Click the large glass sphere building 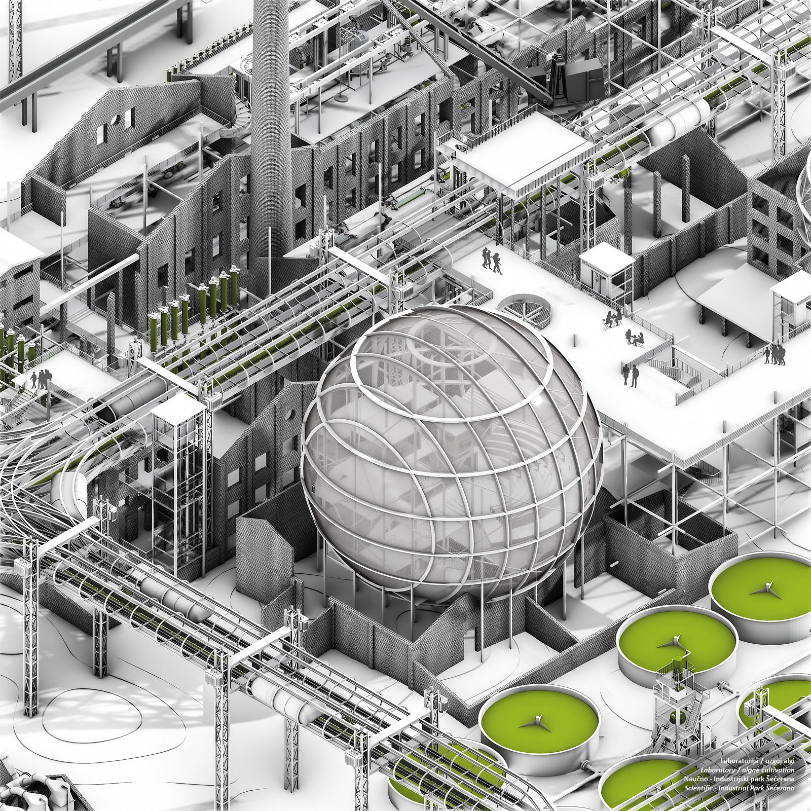click(451, 456)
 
